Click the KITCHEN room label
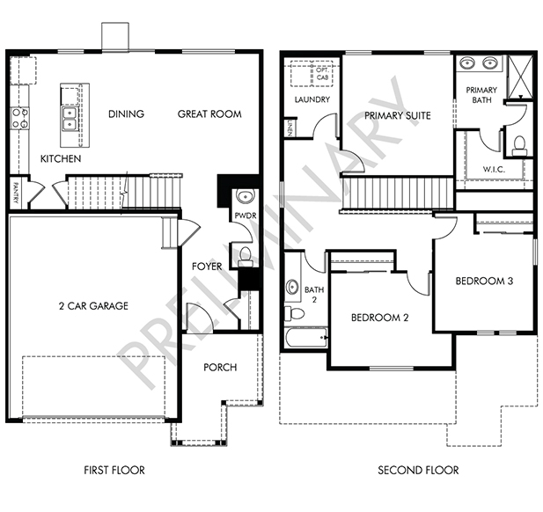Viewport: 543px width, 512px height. pyautogui.click(x=61, y=159)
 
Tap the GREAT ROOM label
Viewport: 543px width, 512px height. pyautogui.click(x=209, y=114)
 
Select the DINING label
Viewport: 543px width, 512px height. pyautogui.click(x=126, y=114)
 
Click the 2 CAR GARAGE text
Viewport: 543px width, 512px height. pyautogui.click(x=93, y=306)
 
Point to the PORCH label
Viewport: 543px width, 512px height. pyautogui.click(x=220, y=368)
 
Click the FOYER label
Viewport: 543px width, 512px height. pyautogui.click(x=207, y=267)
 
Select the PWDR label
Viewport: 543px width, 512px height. pyautogui.click(x=246, y=216)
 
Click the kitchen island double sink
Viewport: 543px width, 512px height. pyautogui.click(x=70, y=119)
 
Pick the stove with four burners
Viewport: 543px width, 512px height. pyautogui.click(x=19, y=119)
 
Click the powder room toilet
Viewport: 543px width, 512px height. pyautogui.click(x=246, y=257)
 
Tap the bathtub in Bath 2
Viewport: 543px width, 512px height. pyautogui.click(x=307, y=338)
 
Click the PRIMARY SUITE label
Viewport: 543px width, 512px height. pyautogui.click(x=398, y=115)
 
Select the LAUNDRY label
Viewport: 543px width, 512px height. pyautogui.click(x=312, y=99)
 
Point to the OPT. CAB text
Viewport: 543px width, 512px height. pyautogui.click(x=322, y=74)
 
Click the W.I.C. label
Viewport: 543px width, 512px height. pyautogui.click(x=494, y=170)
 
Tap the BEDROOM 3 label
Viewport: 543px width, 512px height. pyautogui.click(x=484, y=282)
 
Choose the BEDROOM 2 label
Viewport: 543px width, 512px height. pyautogui.click(x=380, y=318)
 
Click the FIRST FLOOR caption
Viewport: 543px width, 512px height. pyautogui.click(x=114, y=470)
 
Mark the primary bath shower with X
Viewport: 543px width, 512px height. pyautogui.click(x=520, y=77)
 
